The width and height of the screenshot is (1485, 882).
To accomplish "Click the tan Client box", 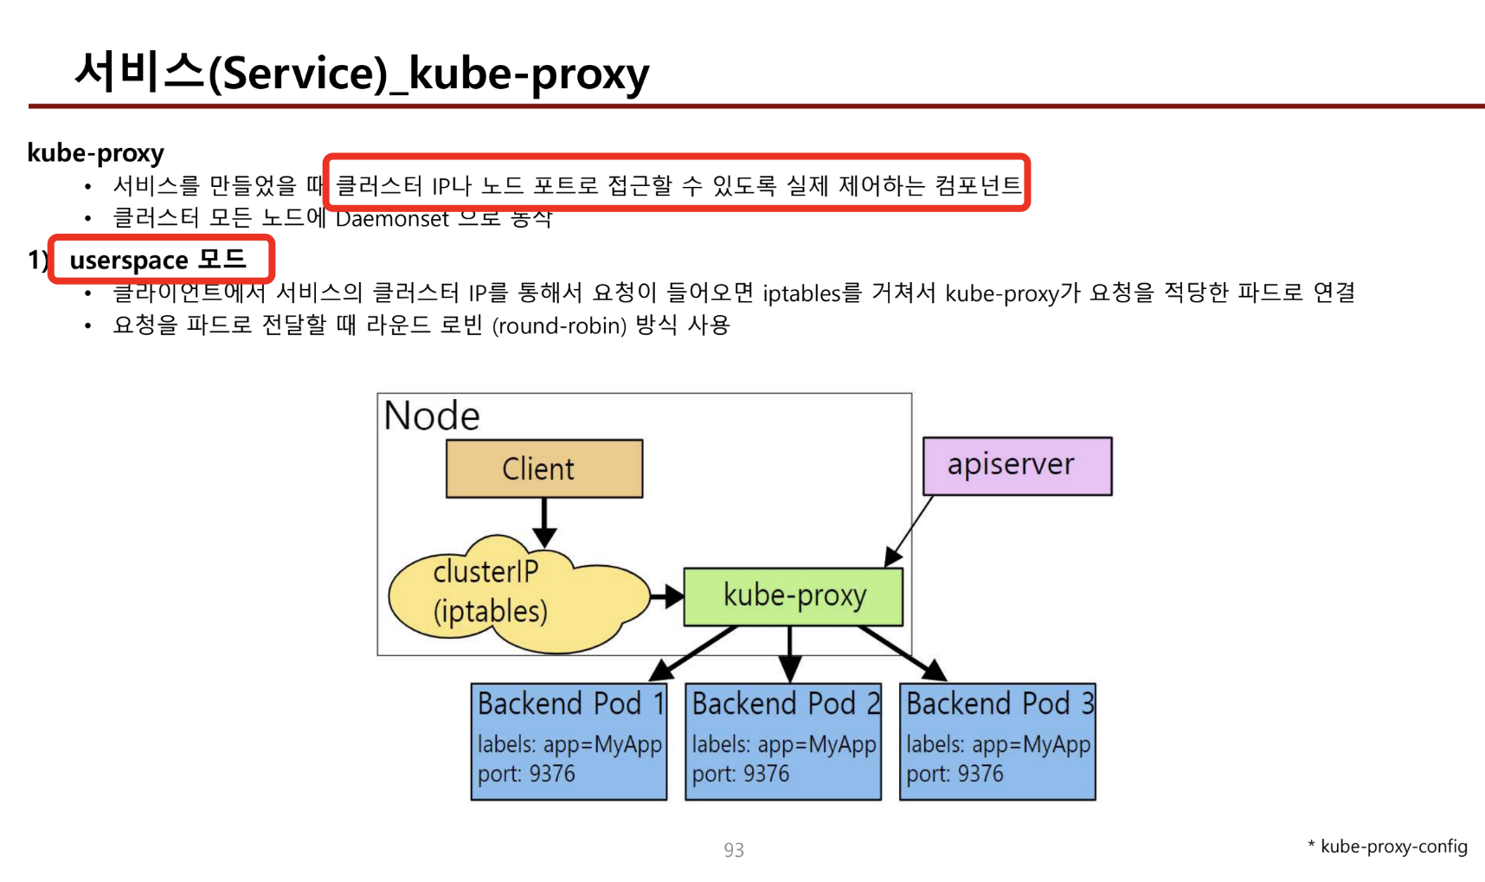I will [543, 468].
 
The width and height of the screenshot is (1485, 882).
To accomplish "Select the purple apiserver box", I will [1017, 466].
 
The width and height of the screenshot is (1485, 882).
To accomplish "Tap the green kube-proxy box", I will [793, 596].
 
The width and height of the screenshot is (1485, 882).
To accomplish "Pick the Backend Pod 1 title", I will [570, 704].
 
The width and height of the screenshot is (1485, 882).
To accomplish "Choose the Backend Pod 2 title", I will [785, 704].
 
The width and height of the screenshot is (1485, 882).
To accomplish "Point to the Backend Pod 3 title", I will [1000, 704].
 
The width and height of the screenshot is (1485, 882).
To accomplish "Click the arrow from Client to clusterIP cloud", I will [544, 522].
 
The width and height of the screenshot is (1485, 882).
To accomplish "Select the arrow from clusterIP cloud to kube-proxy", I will [666, 596].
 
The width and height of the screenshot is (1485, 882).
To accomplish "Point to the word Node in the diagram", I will [432, 416].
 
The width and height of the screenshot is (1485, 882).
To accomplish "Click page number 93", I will [734, 850].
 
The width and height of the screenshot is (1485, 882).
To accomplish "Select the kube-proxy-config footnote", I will [1393, 847].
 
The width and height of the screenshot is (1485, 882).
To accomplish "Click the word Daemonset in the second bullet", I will [392, 219].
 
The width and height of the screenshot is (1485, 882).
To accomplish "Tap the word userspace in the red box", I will [129, 261].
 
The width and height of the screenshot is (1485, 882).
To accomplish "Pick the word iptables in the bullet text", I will [801, 293].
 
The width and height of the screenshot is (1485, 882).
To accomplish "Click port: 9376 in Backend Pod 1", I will [526, 774].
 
